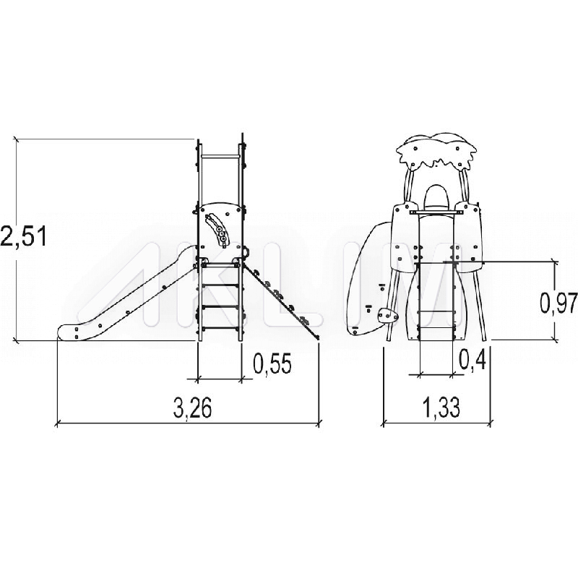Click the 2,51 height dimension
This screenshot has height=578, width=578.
pos(24,236)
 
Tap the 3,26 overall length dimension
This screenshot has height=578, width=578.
pos(192,409)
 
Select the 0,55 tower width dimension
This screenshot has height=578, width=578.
pos(272,363)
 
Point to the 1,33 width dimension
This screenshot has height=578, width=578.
pos(441,407)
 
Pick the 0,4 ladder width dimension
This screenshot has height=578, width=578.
pos(473,359)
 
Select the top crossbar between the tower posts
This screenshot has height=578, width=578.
pos(220,156)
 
